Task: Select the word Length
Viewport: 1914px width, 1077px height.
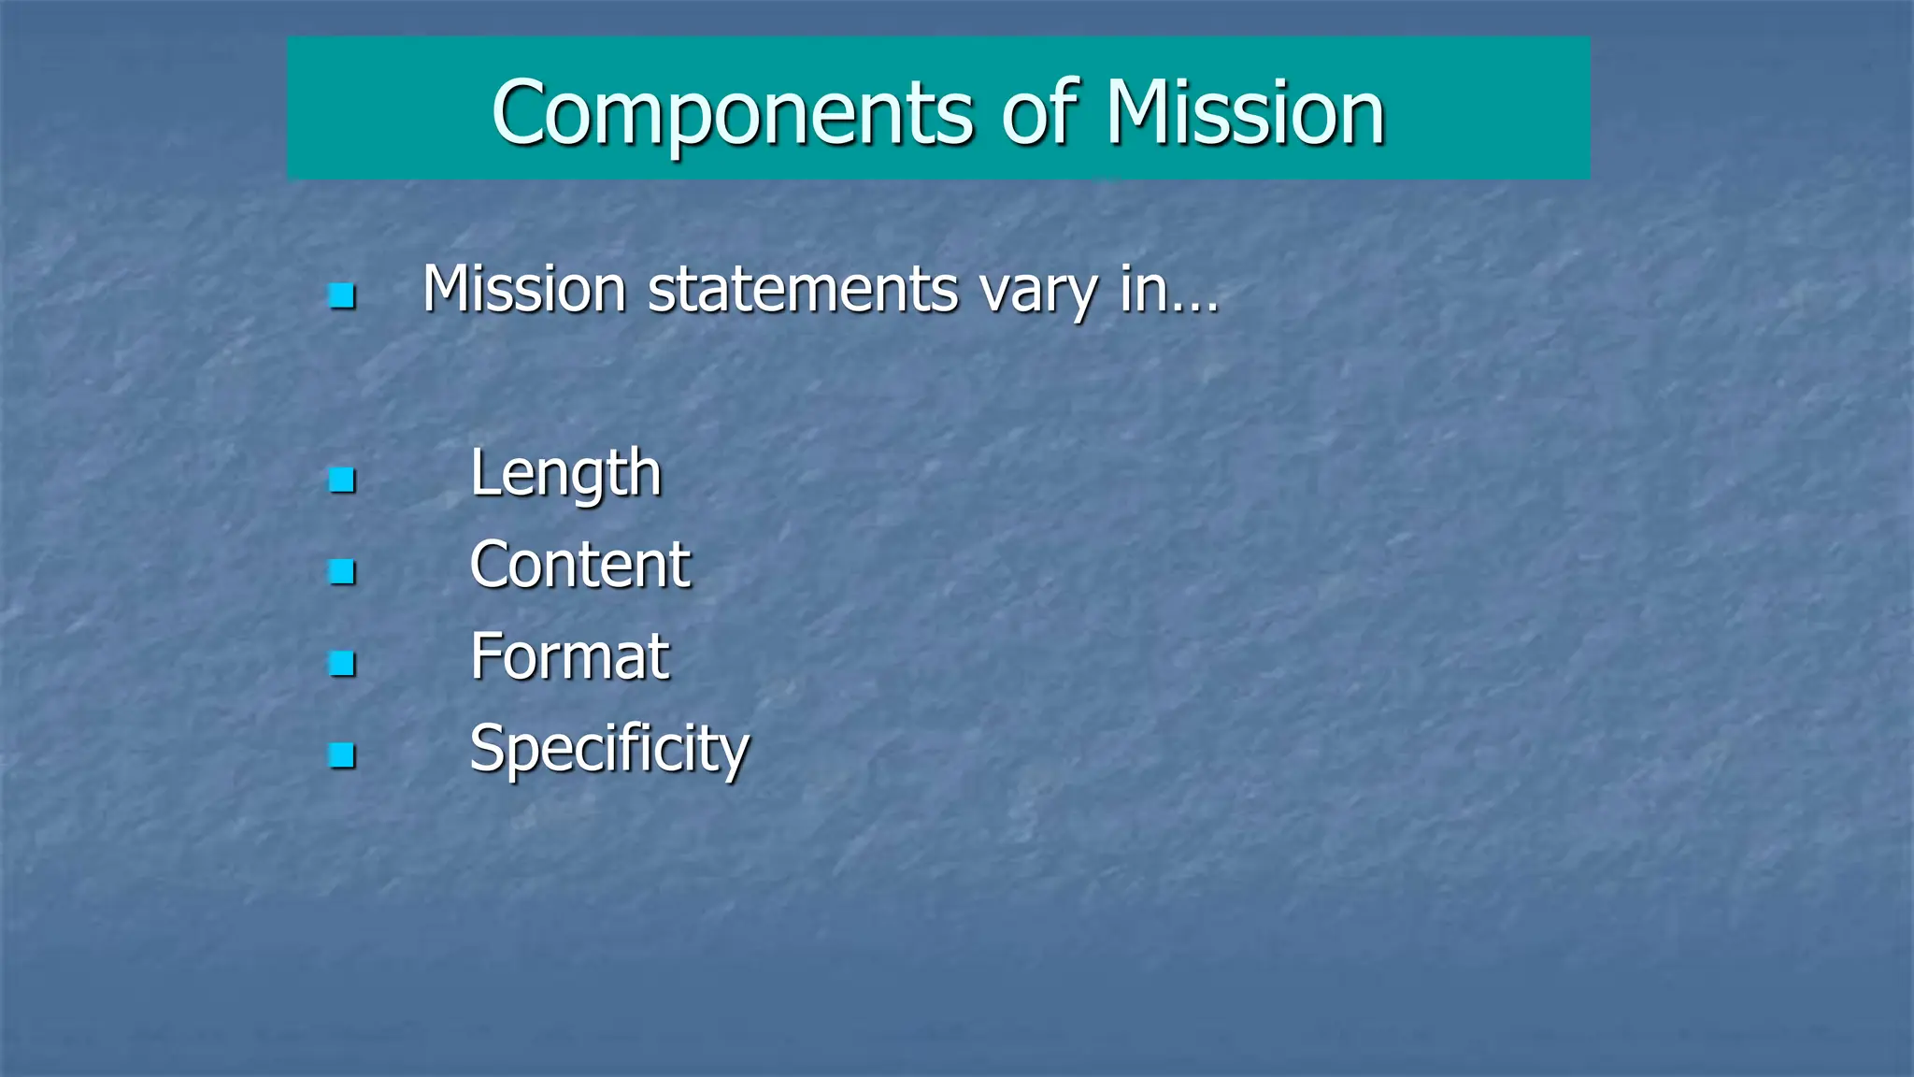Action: coord(565,473)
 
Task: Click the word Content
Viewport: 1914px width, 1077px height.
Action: coord(579,565)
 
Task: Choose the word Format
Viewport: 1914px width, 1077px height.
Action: coord(569,656)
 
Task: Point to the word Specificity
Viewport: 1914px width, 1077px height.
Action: coord(609,749)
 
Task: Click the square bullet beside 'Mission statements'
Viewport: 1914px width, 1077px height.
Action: coord(342,296)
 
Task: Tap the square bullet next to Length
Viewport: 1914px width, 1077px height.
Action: coord(342,481)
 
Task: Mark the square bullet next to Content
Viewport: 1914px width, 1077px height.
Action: coord(342,571)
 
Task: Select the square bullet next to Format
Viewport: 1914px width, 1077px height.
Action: coord(342,664)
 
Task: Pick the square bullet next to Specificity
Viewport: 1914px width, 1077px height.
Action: coord(342,755)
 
